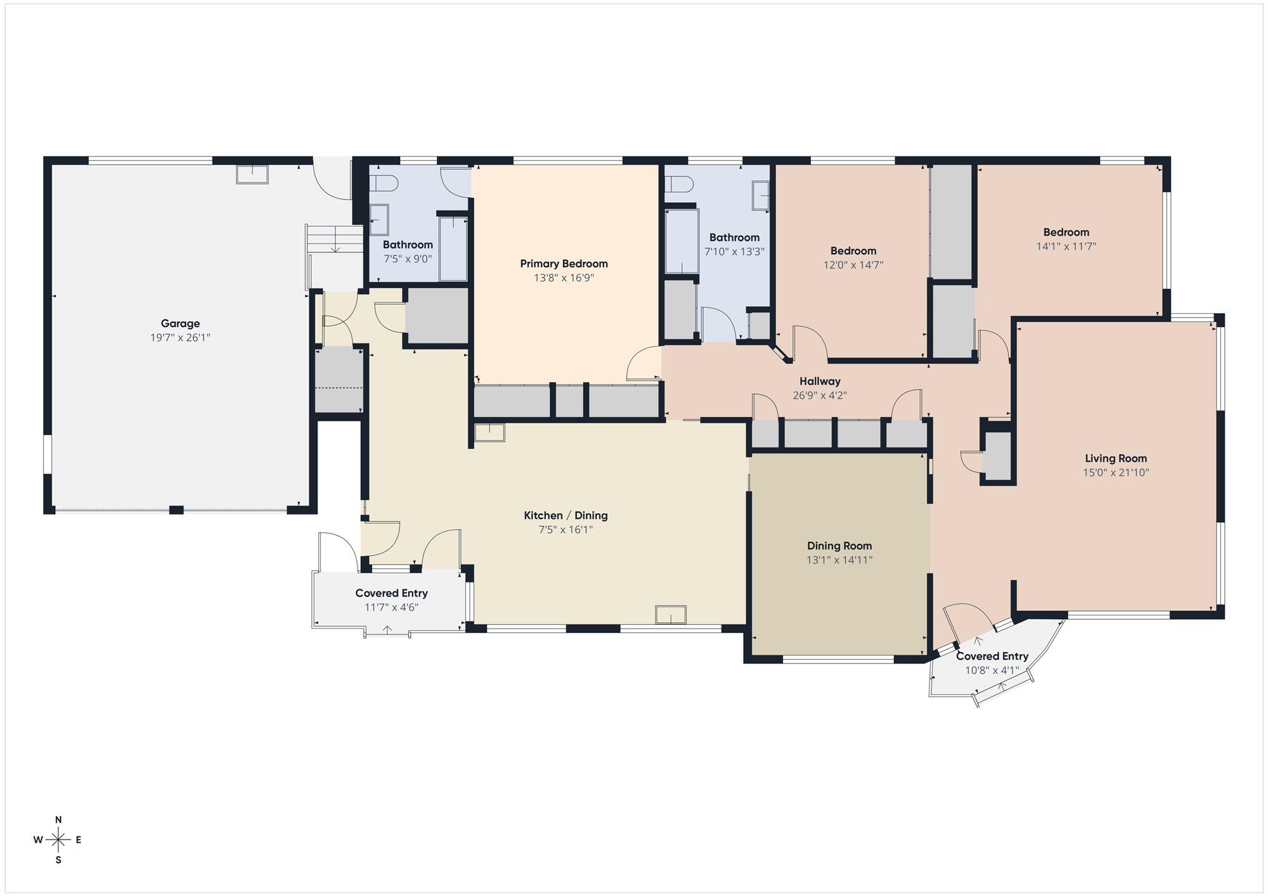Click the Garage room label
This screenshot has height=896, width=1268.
(180, 324)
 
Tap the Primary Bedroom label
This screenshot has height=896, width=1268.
(564, 264)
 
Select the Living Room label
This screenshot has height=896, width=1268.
(1116, 458)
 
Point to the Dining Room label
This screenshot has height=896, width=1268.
(839, 546)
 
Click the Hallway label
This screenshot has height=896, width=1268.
(820, 381)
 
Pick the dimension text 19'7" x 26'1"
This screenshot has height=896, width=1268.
(180, 338)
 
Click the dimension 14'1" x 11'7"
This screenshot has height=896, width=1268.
(1066, 246)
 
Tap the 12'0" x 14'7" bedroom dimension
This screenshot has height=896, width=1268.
(853, 265)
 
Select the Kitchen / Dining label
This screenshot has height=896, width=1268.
(566, 515)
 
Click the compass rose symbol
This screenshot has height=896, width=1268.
(58, 840)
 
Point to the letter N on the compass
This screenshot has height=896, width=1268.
(58, 819)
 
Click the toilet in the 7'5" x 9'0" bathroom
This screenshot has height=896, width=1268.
(383, 183)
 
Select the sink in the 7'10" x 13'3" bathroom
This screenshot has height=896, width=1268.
(760, 195)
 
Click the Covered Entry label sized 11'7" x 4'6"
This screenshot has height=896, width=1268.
(391, 593)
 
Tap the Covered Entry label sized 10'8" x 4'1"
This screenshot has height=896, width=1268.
(992, 656)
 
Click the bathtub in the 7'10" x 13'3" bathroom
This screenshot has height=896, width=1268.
(682, 241)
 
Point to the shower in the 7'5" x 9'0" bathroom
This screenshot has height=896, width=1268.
(453, 248)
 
